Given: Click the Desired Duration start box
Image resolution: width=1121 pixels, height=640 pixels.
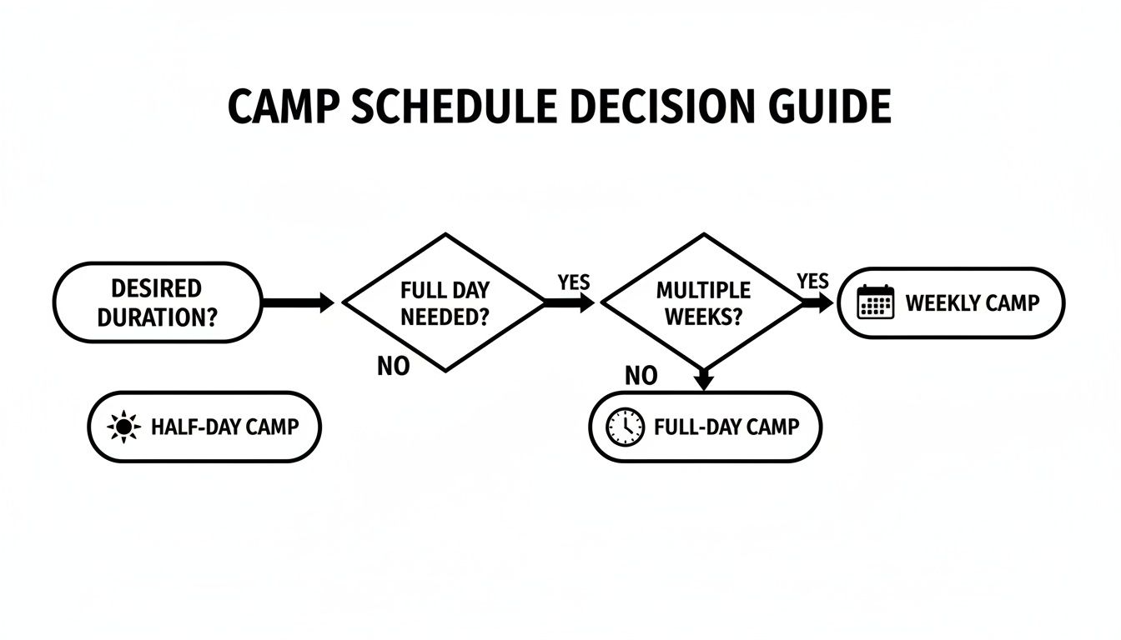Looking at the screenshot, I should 157,302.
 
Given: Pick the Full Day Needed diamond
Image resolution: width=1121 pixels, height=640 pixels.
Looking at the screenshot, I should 445,302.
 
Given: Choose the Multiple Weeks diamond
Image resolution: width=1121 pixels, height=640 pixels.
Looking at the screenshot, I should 703,302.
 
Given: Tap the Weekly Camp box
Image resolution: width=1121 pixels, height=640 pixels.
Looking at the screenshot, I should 951,302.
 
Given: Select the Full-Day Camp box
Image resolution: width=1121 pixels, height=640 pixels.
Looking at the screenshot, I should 706,427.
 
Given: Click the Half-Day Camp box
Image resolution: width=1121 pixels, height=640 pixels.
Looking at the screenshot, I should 204,427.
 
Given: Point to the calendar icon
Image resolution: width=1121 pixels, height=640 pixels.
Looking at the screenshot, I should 876,302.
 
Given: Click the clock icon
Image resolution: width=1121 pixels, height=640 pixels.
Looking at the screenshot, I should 625,427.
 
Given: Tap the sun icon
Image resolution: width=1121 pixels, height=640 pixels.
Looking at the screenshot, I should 124,427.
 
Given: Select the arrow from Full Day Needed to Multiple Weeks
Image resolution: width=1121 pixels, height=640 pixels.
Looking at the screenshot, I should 570,303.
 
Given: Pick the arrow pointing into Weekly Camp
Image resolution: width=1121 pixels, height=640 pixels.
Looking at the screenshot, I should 818,303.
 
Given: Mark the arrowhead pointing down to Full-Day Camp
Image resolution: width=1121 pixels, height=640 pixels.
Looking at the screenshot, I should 704,381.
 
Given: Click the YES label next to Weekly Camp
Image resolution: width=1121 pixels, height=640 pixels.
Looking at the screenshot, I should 812,281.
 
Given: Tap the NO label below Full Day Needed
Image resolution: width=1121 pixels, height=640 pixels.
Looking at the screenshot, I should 394,366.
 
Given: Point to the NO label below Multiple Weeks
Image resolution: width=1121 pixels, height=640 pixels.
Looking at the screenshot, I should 641,376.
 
